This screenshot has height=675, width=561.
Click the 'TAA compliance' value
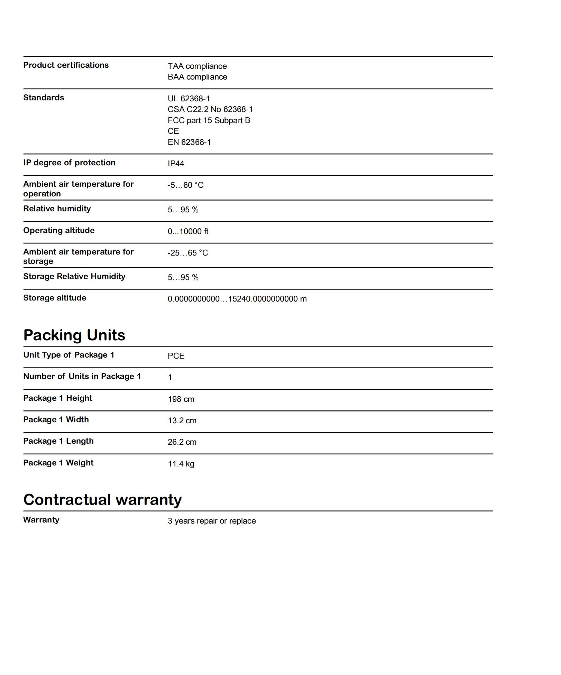click(197, 66)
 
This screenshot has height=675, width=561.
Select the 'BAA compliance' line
click(197, 77)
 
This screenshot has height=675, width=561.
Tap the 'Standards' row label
click(44, 98)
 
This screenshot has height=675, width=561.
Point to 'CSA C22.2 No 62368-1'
click(210, 109)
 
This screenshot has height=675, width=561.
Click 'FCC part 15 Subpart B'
click(209, 120)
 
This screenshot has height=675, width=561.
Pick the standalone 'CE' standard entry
click(173, 131)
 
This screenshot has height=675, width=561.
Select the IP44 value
click(176, 164)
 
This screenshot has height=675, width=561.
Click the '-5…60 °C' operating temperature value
click(185, 185)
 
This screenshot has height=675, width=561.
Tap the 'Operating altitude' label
click(59, 230)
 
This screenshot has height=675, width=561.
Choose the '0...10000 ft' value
click(188, 231)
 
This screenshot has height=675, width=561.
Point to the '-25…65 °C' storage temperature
click(188, 253)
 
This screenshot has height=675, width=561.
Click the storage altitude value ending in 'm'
click(237, 299)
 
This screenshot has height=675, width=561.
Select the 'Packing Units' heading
click(74, 335)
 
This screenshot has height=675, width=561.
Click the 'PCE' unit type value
click(176, 356)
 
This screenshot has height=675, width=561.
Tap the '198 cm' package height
click(181, 399)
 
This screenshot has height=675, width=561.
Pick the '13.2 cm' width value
click(182, 420)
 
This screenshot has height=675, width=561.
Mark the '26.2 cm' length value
click(182, 442)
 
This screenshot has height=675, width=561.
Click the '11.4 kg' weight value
click(181, 464)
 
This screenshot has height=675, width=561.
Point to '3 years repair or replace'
click(212, 521)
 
